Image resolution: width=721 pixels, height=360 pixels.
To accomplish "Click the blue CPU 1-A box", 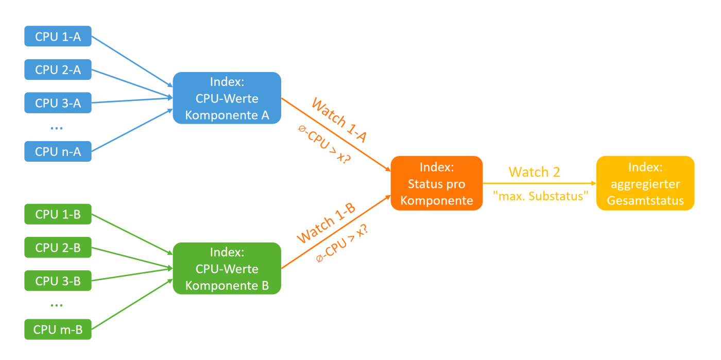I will pyautogui.click(x=58, y=37).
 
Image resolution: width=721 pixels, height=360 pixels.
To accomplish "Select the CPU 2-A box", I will pyautogui.click(x=58, y=70).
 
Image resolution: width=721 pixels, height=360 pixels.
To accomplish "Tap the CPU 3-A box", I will pyautogui.click(x=58, y=103).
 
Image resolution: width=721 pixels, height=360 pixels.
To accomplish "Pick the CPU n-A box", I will pyautogui.click(x=58, y=151).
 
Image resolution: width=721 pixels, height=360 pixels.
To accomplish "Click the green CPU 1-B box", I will pyautogui.click(x=58, y=214).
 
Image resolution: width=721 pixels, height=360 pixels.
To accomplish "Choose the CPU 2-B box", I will pyautogui.click(x=58, y=248).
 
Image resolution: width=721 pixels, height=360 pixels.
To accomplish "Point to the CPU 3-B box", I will pyautogui.click(x=58, y=281).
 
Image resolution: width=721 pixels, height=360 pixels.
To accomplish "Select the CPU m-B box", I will pyautogui.click(x=58, y=330).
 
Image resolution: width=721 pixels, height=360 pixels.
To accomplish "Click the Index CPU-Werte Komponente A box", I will pyautogui.click(x=227, y=98).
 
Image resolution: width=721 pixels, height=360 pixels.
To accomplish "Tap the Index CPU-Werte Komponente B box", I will pyautogui.click(x=227, y=268).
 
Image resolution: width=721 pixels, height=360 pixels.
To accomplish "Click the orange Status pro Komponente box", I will pyautogui.click(x=436, y=183).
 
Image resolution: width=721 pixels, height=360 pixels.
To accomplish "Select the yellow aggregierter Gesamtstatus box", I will pyautogui.click(x=645, y=183).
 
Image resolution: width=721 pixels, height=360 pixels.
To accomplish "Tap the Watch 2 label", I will pyautogui.click(x=534, y=172).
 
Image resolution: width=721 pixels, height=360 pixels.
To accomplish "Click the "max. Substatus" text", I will pyautogui.click(x=540, y=196).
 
